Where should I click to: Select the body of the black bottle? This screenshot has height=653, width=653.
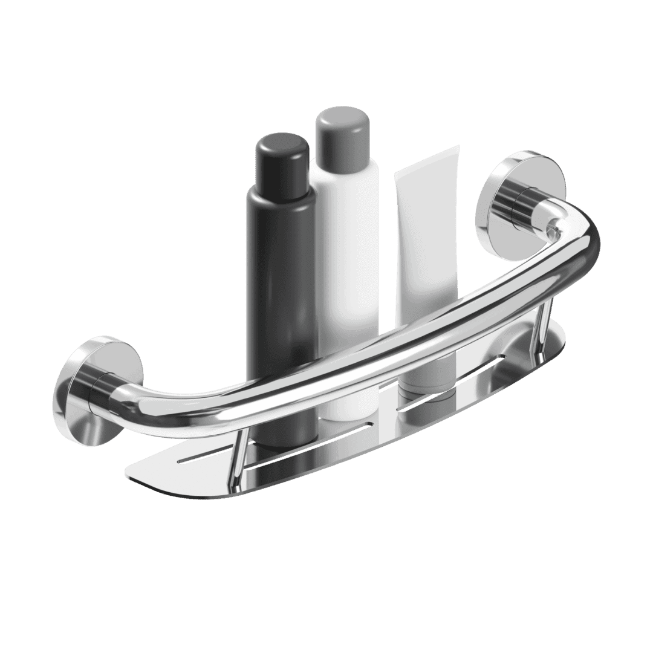pyautogui.click(x=280, y=272)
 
